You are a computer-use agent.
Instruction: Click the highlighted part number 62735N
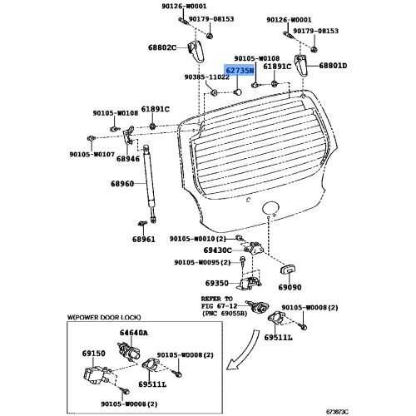[x=239, y=71]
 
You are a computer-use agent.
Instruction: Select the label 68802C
[x=162, y=47]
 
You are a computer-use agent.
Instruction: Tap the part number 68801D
[x=333, y=66]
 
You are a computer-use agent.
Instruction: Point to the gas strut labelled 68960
[x=150, y=183]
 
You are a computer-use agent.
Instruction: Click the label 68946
[x=128, y=159]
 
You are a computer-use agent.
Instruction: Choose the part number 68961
[x=144, y=239]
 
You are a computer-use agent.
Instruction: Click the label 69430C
[x=217, y=250]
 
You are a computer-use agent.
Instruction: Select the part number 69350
[x=217, y=283]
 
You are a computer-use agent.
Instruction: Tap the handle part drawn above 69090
[x=288, y=270]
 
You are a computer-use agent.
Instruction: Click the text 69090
[x=290, y=287]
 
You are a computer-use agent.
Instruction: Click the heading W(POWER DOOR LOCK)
[x=104, y=317]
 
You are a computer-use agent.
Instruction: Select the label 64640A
[x=134, y=332]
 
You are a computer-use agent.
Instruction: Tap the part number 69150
[x=94, y=354]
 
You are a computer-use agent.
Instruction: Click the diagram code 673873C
[x=337, y=412]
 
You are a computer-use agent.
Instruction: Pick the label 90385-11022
[x=207, y=77]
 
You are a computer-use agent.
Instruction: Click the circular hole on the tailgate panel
[x=271, y=208]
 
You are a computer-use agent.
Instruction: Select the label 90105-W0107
[x=92, y=154]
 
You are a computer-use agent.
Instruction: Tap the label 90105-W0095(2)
[x=202, y=262]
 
